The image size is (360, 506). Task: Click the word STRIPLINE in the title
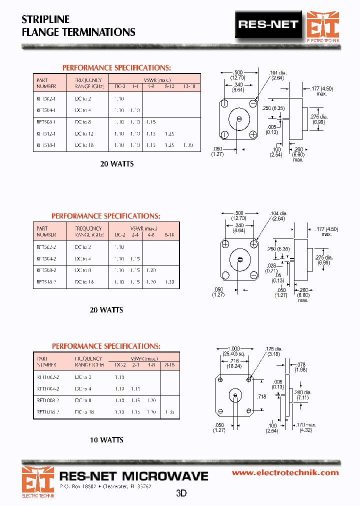pos(45,19)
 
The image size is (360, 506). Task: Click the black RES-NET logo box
pos(268,24)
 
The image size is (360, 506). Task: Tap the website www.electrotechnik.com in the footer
pos(285,472)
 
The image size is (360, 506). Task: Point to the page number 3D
pos(181,493)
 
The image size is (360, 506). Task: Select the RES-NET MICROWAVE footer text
pos(133,475)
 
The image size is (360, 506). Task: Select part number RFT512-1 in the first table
pos(46,133)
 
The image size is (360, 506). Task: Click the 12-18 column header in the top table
pos(189,86)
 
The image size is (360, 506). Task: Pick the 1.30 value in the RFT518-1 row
pos(187,145)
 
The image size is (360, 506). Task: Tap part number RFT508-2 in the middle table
pos(46,270)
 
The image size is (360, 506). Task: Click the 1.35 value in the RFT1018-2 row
pos(170,412)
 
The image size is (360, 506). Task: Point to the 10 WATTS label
pos(106,440)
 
